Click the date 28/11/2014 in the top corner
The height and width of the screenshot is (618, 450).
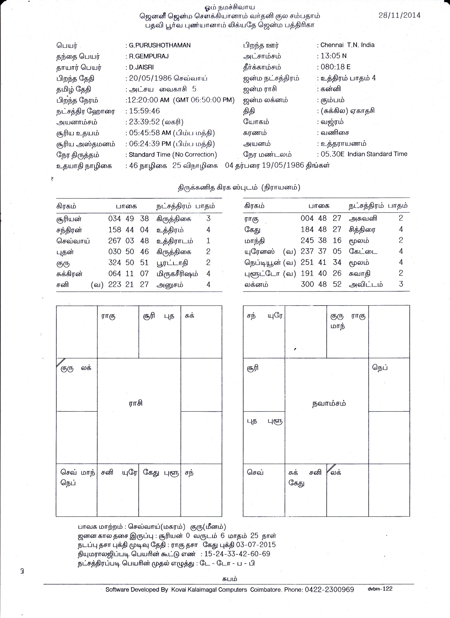coord(399,15)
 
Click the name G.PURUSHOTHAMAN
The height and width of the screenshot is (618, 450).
coord(160,45)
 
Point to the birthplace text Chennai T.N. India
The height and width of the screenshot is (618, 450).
coord(347,45)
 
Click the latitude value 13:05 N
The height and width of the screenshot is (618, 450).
coord(333,56)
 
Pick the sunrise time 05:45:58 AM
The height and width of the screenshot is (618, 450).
coord(149,133)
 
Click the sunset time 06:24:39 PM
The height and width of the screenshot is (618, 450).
coord(149,144)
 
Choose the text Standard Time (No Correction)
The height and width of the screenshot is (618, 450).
coord(173,155)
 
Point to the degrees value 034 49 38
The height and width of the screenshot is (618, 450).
coord(128,219)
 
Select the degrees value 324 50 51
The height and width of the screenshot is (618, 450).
coord(128,263)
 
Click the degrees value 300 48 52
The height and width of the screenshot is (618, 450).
coord(321,284)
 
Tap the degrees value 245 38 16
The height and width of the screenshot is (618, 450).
coord(321,241)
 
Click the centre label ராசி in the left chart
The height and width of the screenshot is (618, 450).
coord(136,403)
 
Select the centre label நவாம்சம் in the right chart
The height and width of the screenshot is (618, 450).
coord(328,403)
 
